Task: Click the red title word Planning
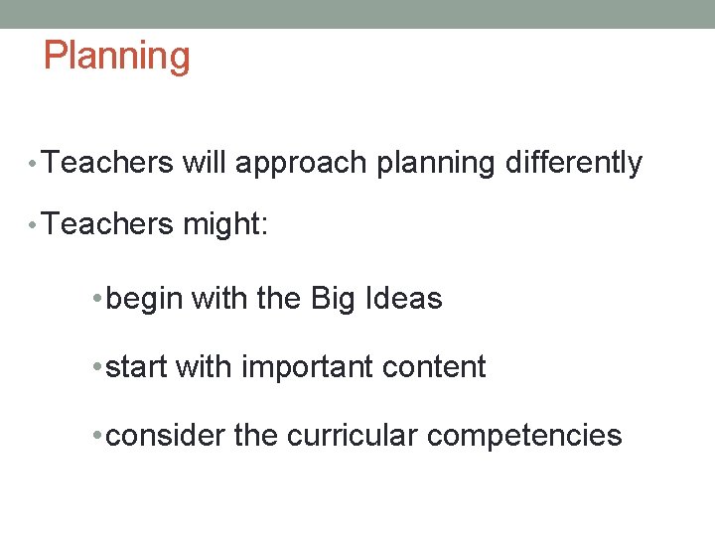[x=117, y=56]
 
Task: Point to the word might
[x=225, y=225]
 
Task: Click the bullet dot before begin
[x=95, y=300]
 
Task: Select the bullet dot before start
[x=95, y=368]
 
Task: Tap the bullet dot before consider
[x=95, y=436]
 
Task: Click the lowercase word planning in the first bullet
[x=436, y=163]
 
